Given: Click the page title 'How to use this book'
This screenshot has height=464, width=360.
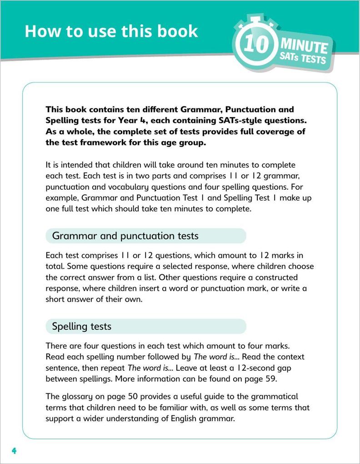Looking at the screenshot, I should pos(111,31).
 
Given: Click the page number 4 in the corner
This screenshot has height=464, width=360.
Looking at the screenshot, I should pos(14,451).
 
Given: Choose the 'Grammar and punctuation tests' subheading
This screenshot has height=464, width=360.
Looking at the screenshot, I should pos(125,236).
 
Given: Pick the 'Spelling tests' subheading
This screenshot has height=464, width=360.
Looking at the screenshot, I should pos(82,326).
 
